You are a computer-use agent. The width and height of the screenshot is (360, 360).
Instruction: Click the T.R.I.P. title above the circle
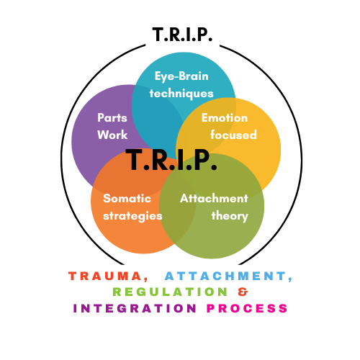[182, 35]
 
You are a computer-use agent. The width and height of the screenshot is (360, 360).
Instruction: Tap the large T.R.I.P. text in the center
[171, 160]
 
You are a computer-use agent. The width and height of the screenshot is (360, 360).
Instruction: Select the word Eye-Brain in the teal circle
[181, 76]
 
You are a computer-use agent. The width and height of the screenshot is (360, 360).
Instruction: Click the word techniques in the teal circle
[181, 94]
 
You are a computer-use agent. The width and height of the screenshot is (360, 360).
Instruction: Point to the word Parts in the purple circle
[112, 118]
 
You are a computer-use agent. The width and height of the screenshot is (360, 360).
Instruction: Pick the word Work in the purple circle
[112, 135]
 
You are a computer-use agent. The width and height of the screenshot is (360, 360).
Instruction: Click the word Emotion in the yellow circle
[225, 118]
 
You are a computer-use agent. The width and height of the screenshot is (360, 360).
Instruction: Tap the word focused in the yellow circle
[233, 135]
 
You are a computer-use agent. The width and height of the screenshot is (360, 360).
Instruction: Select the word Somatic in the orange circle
[127, 199]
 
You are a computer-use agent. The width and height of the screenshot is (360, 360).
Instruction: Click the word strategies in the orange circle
[132, 216]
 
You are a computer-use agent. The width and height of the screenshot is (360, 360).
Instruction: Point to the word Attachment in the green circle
[214, 199]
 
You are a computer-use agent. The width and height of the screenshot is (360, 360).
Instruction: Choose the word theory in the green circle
[230, 216]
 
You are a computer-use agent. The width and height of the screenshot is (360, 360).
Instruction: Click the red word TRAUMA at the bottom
[105, 276]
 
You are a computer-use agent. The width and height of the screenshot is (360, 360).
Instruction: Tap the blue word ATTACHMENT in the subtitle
[225, 276]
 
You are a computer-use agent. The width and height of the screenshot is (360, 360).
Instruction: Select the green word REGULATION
[170, 292]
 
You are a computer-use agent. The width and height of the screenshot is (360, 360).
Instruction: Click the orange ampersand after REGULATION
[243, 292]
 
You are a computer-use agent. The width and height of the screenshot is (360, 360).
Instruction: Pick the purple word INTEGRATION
[135, 308]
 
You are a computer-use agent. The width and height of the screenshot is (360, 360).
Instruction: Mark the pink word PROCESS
[247, 308]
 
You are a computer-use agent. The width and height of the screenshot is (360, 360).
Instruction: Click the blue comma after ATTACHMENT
[290, 279]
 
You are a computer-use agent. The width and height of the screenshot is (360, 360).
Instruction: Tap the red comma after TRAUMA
[146, 279]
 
